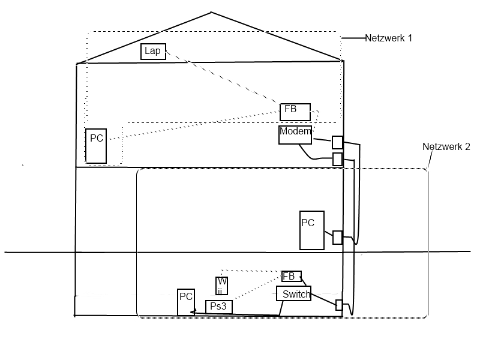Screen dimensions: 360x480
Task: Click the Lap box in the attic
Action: point(153,51)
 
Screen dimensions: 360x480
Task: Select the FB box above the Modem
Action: point(295,112)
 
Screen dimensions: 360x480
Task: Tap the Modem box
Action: point(295,135)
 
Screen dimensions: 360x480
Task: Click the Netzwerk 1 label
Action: point(389,38)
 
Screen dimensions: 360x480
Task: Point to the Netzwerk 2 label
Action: point(446,146)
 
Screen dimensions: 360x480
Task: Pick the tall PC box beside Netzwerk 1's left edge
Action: point(96,145)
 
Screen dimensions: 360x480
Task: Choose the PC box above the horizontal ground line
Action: point(312,230)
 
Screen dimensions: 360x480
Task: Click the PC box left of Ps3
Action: point(186,302)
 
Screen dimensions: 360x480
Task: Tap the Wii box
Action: point(222,286)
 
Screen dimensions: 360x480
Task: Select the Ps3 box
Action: point(218,307)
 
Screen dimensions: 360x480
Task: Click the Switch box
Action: point(293,293)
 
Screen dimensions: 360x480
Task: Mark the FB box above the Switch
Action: point(291,276)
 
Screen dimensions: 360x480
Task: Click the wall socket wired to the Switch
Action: point(339,305)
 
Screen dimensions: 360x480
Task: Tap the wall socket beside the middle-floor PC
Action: point(337,238)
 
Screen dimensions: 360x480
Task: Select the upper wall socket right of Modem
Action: point(337,142)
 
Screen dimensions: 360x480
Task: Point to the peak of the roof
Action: point(211,13)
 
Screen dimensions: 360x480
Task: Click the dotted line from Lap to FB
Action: point(222,79)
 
